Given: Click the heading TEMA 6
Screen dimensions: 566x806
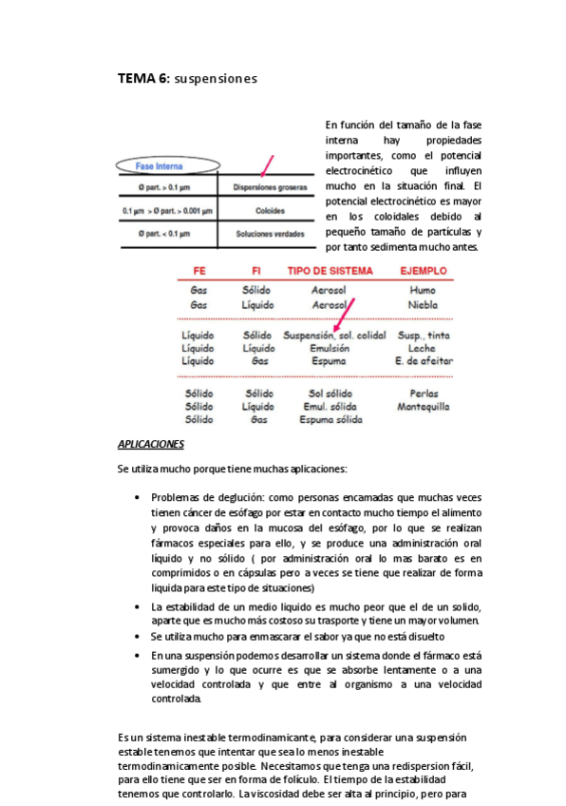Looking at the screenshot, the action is coord(143,79).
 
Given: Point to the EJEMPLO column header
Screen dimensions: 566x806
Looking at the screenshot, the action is coord(423,271).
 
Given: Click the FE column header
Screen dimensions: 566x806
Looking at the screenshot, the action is coord(199,271).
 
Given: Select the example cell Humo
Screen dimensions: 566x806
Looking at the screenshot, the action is coord(423,289).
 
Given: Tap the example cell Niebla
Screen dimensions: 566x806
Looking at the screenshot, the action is coord(423,305).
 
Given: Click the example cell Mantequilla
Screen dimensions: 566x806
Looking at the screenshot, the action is coord(424,406).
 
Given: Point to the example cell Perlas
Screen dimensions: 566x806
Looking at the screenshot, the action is coord(423,393).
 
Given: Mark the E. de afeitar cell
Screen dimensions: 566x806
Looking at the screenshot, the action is coord(424,361).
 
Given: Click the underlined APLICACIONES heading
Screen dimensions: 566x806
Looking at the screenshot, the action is coord(151,444).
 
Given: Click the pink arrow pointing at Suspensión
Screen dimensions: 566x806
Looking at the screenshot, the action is coord(345,316).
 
